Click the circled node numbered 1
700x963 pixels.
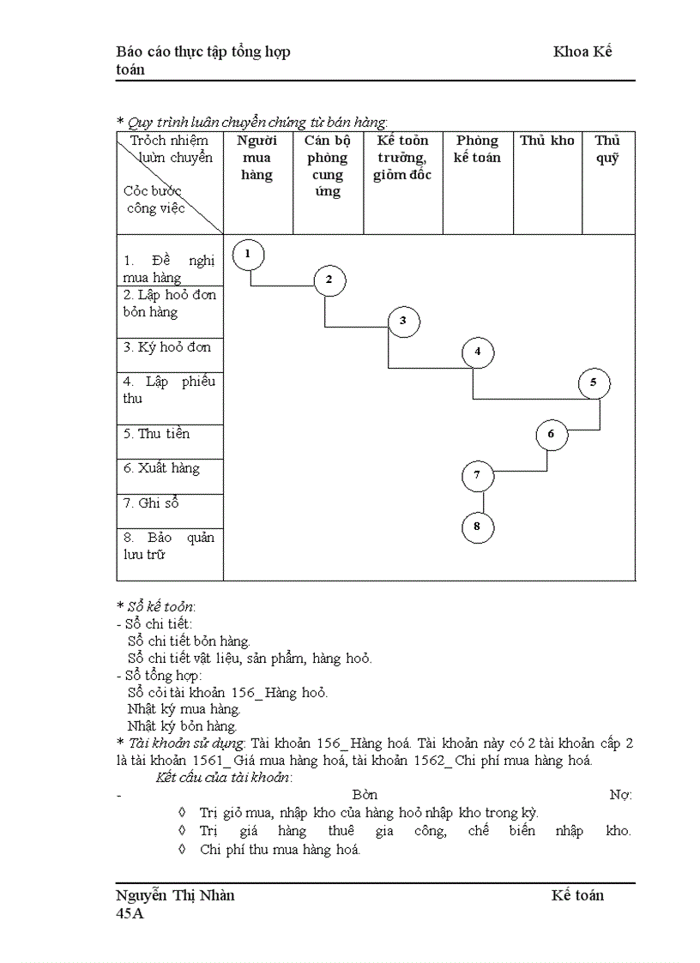[x=248, y=254]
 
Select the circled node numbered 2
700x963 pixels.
[x=329, y=280]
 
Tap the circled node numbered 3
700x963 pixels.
[x=403, y=322]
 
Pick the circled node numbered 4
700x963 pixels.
[x=478, y=352]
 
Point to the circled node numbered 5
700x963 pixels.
[x=594, y=383]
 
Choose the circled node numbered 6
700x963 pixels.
[x=552, y=434]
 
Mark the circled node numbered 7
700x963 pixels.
[x=478, y=475]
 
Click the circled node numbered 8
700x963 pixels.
[x=478, y=527]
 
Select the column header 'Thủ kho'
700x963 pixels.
[x=546, y=141]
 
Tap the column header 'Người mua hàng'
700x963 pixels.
[x=257, y=158]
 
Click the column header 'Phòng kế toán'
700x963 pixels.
[x=478, y=149]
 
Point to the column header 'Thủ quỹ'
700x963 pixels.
[x=607, y=149]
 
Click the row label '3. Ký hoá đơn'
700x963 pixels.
[x=166, y=347]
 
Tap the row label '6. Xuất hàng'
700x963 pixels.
[x=161, y=468]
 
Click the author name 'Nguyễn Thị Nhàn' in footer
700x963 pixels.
[x=175, y=895]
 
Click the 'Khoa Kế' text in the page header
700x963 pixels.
[x=582, y=51]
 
